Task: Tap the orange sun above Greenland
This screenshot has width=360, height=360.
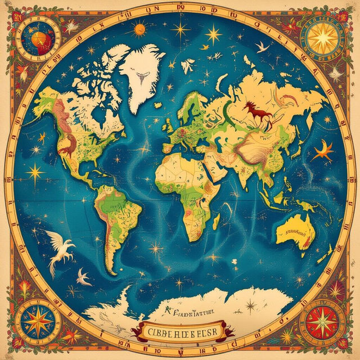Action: pos(139,28)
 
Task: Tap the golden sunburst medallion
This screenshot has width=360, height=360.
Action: pos(323,37)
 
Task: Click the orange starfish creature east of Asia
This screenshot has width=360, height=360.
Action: pos(324,151)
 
